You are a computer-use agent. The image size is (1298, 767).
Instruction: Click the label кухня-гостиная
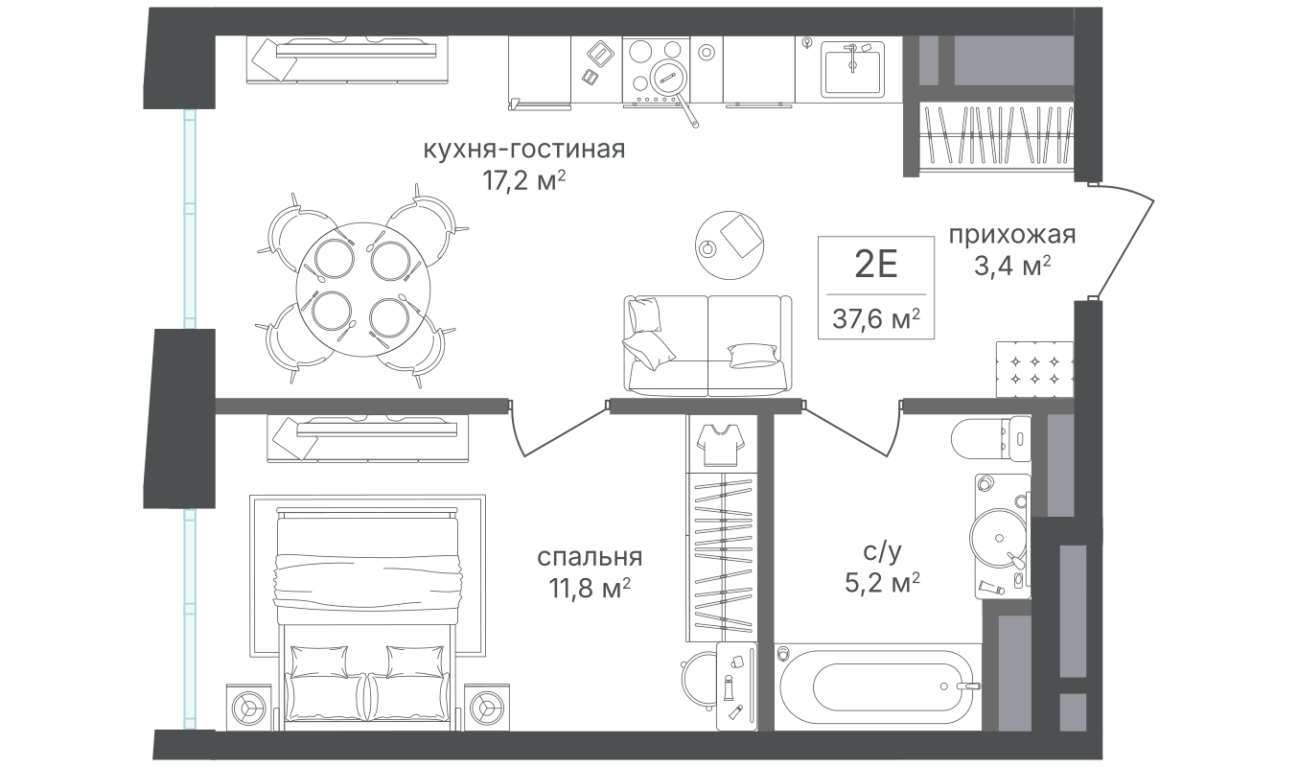point(524,151)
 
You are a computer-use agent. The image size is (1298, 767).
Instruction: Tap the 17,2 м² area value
point(524,181)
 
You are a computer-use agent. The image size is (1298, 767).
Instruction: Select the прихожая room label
point(1012,235)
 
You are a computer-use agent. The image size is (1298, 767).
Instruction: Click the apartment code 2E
point(875,263)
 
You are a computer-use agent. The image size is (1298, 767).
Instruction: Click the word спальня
point(589,557)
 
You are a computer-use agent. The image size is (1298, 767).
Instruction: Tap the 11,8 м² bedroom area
point(589,588)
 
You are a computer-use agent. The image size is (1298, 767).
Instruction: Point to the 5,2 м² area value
point(882,582)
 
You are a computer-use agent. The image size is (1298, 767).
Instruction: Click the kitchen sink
point(851,68)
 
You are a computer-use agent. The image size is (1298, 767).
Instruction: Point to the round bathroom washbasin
point(992,533)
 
